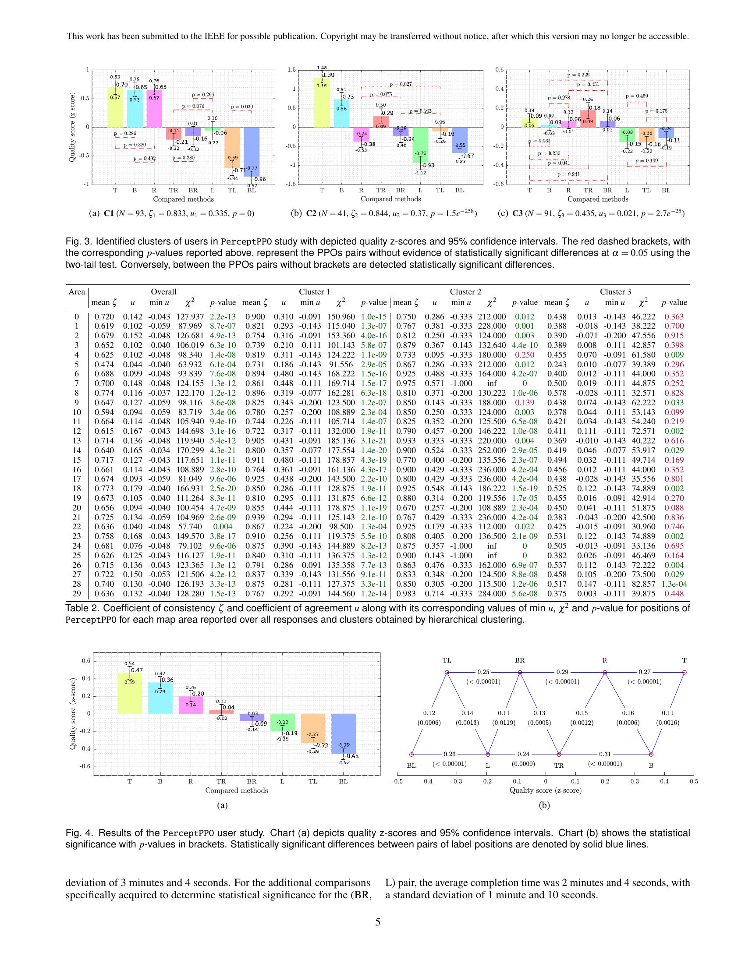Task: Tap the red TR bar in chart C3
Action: point(588,119)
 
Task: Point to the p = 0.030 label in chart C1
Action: point(242,107)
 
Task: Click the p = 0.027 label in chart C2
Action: point(400,84)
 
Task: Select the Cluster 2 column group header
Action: point(465,292)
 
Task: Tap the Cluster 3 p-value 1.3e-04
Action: point(674,584)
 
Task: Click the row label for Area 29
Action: point(77,594)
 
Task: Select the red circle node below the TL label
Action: point(447,672)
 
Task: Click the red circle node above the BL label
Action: point(412,755)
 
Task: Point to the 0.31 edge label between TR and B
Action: point(605,754)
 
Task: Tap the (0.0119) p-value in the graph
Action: point(504,723)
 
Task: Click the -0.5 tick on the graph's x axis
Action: point(397,781)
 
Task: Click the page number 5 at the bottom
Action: point(377,921)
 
